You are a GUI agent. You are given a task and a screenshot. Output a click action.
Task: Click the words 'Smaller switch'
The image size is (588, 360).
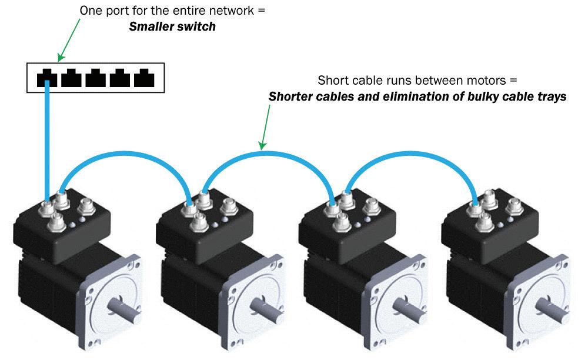(x=172, y=26)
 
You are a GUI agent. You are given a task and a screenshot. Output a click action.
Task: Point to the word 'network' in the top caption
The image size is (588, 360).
(x=231, y=11)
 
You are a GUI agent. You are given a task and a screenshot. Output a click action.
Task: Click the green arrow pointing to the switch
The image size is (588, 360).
(x=69, y=40)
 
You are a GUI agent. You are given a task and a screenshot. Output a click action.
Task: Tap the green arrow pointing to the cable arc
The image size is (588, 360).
(x=266, y=128)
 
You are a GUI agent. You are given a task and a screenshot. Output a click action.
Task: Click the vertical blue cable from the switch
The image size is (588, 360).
(x=47, y=141)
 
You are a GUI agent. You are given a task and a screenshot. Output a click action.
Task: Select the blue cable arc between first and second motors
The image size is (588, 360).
(x=126, y=154)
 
